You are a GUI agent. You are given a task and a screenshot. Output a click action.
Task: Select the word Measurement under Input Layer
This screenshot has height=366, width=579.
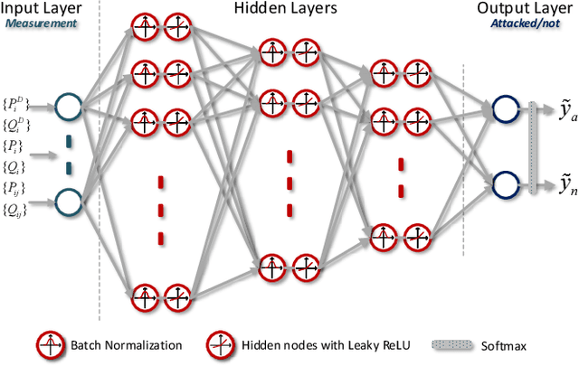click(x=43, y=24)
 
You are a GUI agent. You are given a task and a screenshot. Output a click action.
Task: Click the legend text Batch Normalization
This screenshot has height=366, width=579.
click(x=123, y=344)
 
